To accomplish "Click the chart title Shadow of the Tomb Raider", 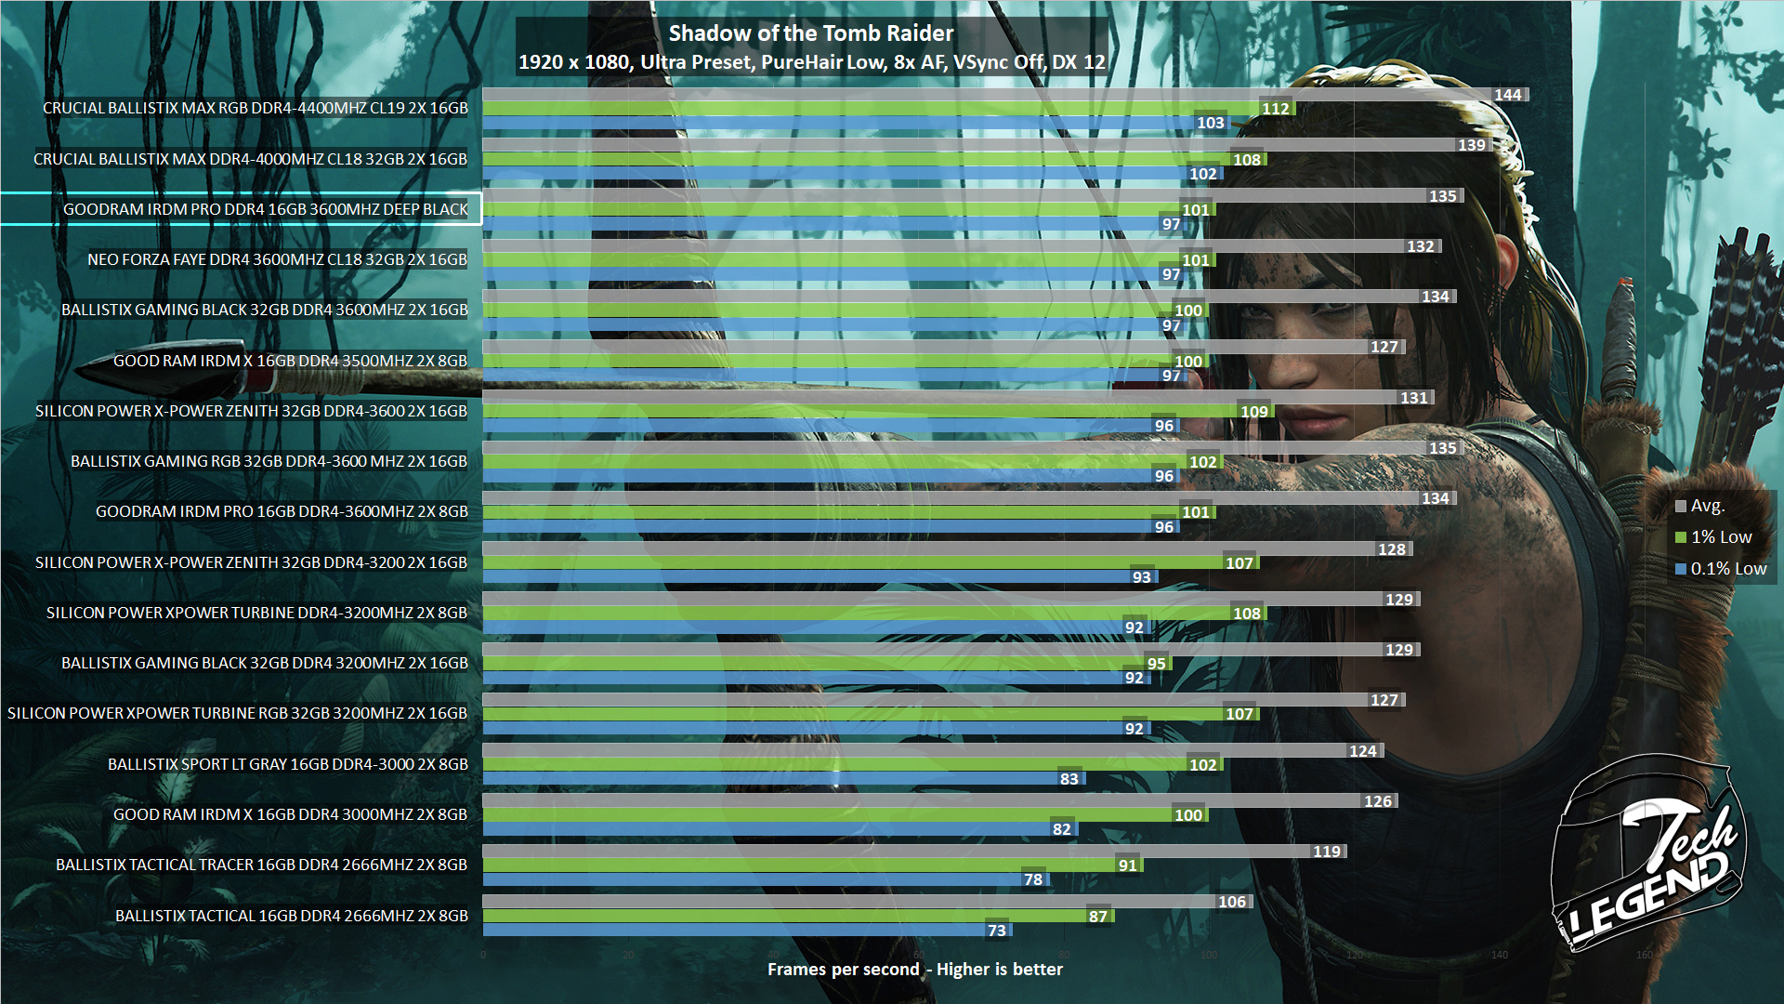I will [x=810, y=33].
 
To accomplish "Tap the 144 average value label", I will [x=1507, y=95].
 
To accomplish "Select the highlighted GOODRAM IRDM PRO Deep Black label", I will [x=265, y=209].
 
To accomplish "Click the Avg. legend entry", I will [x=1706, y=506].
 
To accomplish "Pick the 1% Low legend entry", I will [x=1720, y=537].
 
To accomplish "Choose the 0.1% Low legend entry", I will [x=1727, y=569].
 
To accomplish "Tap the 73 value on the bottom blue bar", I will [x=996, y=931].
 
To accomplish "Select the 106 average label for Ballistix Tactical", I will [x=1231, y=902].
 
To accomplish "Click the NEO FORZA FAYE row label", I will [x=277, y=259].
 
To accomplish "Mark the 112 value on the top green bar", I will [x=1275, y=109].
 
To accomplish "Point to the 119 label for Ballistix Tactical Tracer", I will [x=1326, y=852].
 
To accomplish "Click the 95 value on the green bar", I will [x=1156, y=664].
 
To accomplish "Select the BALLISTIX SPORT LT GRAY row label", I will [x=287, y=764].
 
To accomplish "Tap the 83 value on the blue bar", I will [x=1069, y=779].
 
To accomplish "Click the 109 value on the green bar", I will [x=1253, y=412].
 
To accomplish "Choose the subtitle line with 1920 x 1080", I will [x=811, y=62].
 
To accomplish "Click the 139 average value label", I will [x=1471, y=145].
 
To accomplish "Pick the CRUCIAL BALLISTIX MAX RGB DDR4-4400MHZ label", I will [x=255, y=108].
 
